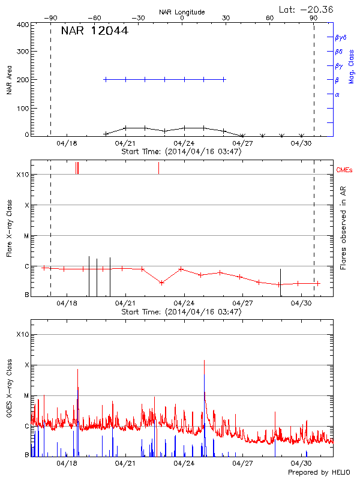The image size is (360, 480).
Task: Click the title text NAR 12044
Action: [x=95, y=31]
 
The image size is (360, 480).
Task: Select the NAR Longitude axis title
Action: [x=182, y=11]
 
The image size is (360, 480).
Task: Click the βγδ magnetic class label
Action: [x=341, y=37]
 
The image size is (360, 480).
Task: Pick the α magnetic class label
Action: [x=337, y=94]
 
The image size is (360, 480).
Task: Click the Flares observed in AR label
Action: [x=343, y=228]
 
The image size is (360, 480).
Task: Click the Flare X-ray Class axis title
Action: [x=9, y=228]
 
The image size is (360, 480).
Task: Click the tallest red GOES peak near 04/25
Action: [x=205, y=361]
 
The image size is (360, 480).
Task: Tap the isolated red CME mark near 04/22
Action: [x=158, y=168]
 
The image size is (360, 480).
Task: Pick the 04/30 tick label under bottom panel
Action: [x=301, y=463]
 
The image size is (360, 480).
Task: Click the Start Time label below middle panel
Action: [x=181, y=312]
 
